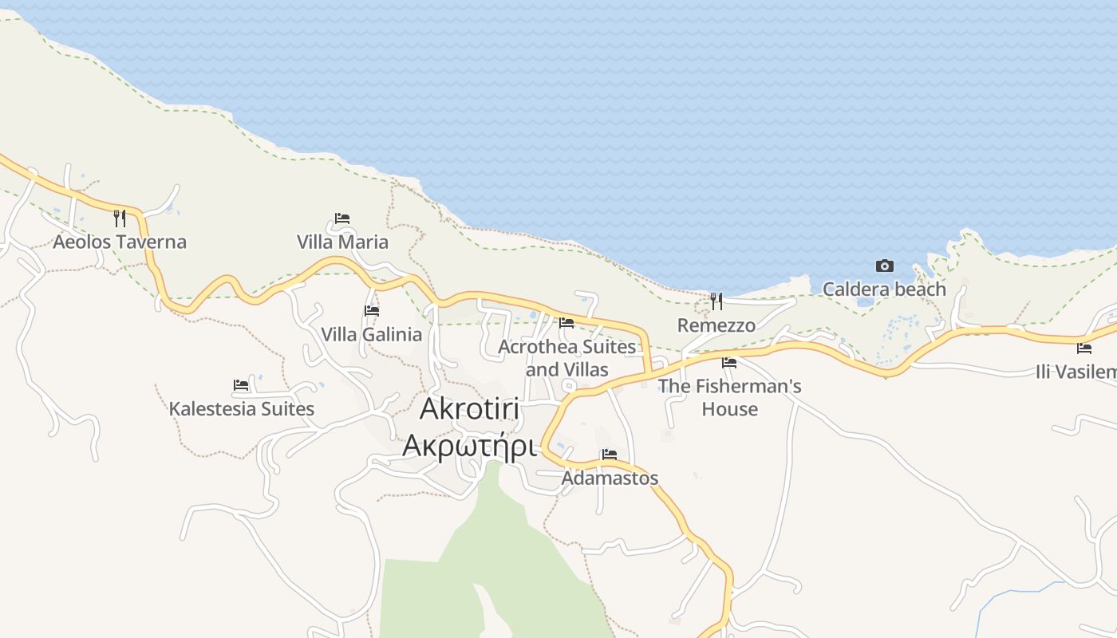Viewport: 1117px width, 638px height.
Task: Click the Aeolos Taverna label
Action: [x=120, y=242]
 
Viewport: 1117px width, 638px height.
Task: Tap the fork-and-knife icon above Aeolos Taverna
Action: [x=120, y=218]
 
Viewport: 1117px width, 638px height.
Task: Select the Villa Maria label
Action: [x=342, y=242]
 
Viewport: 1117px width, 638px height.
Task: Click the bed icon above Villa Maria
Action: [x=342, y=218]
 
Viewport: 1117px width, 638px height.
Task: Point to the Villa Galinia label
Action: [x=371, y=334]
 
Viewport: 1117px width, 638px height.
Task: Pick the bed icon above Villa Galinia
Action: [x=371, y=310]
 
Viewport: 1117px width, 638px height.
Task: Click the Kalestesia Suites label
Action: [x=241, y=408]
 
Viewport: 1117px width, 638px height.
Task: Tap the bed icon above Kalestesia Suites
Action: [x=241, y=385]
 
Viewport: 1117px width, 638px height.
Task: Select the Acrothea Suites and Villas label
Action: [x=566, y=358]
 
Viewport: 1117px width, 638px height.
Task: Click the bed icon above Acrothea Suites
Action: [x=566, y=323]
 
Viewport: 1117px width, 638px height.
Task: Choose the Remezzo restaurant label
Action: [x=716, y=325]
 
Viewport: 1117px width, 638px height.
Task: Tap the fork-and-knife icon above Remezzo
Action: [x=716, y=301]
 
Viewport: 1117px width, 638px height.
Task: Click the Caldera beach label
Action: [x=884, y=289]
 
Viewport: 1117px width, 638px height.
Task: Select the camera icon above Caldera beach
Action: [x=884, y=266]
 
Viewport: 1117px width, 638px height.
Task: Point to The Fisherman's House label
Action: [x=729, y=397]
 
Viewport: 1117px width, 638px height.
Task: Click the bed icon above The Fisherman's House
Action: [x=729, y=362]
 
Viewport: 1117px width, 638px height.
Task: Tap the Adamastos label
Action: [x=610, y=478]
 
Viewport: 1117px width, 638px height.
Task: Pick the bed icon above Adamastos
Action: [x=610, y=455]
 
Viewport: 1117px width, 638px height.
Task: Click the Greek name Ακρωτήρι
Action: [x=468, y=445]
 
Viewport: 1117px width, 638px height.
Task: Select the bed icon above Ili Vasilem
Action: [x=1083, y=348]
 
